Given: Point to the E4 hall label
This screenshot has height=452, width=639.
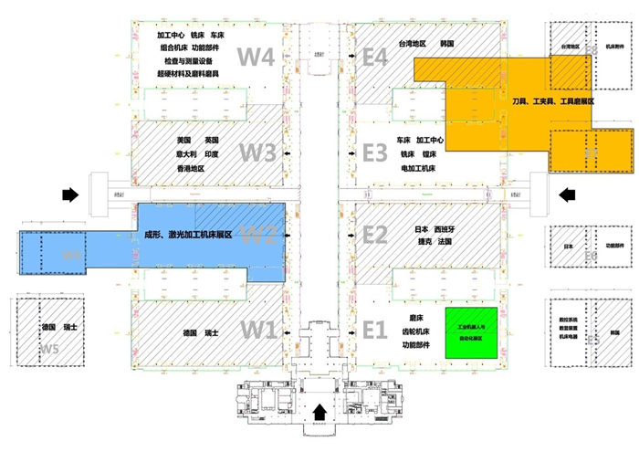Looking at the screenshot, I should [x=375, y=57].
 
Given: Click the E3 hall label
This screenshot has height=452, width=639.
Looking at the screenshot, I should [x=375, y=152].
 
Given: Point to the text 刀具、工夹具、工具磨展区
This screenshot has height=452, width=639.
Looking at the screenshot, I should [x=552, y=102].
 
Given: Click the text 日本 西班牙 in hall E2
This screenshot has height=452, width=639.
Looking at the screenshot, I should [x=431, y=228].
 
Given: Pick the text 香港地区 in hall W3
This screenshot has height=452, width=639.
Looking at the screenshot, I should [x=198, y=169].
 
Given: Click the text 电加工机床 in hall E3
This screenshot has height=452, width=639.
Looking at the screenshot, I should [x=419, y=169].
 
